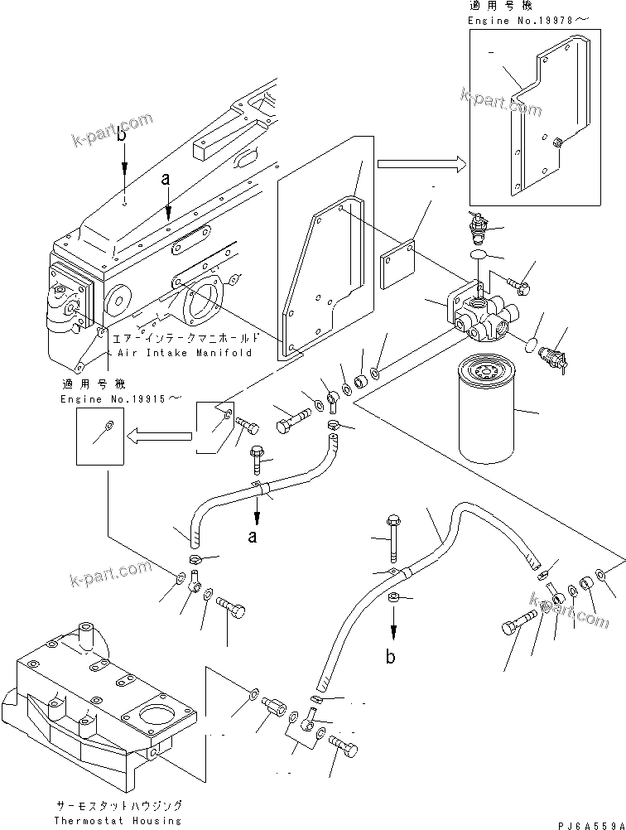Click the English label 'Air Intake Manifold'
click(181, 352)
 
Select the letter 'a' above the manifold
click(166, 178)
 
